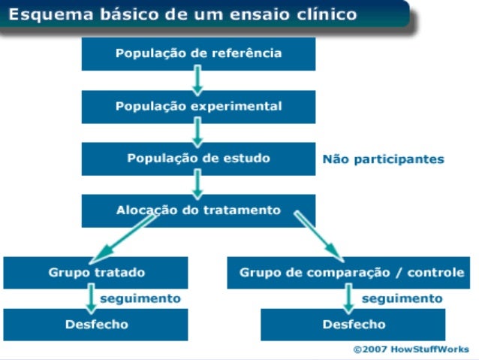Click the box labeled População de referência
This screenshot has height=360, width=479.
tap(198, 53)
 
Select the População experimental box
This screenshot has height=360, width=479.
tap(198, 107)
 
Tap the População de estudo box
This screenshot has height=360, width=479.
tap(198, 159)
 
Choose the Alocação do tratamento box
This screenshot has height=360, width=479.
tap(198, 210)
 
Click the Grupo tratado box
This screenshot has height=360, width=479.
tap(95, 272)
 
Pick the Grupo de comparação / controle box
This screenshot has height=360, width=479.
tap(351, 272)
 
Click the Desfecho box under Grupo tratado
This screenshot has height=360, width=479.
tap(95, 325)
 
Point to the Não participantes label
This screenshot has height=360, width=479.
tap(383, 159)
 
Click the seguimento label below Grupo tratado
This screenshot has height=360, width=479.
tap(140, 298)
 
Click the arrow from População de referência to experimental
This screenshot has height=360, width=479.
tap(197, 80)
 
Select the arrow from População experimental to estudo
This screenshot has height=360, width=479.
tap(197, 132)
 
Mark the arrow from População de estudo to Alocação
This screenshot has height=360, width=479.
tap(197, 184)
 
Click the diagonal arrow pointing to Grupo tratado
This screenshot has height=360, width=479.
tap(128, 236)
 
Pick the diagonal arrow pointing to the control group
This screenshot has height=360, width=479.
tap(318, 236)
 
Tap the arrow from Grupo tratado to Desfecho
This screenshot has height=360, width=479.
tap(91, 299)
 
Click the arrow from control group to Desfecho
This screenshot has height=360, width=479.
tap(348, 299)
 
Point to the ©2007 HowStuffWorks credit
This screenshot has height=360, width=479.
tap(411, 349)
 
